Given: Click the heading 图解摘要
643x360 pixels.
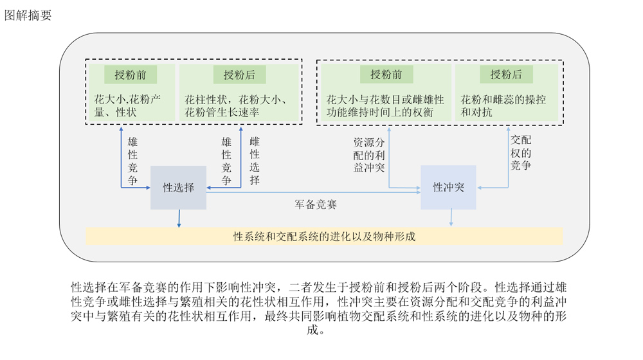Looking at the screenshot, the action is pyautogui.click(x=28, y=15).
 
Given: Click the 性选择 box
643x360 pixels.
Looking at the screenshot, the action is pyautogui.click(x=178, y=188).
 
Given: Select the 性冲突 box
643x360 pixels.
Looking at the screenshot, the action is pyautogui.click(x=449, y=187).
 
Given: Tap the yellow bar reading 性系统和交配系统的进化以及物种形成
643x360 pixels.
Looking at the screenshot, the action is pyautogui.click(x=324, y=237).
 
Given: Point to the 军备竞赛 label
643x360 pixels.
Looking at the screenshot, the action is pyautogui.click(x=316, y=204).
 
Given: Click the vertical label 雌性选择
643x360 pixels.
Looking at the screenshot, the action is pyautogui.click(x=255, y=161).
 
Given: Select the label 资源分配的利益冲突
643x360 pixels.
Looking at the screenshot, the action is pyautogui.click(x=369, y=155).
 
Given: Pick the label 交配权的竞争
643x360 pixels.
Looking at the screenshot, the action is pyautogui.click(x=521, y=152).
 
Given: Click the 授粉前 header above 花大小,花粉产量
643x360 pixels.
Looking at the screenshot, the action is pyautogui.click(x=131, y=75).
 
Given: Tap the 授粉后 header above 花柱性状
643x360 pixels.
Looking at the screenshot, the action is pyautogui.click(x=239, y=75).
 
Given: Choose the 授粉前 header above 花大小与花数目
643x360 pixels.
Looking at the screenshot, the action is pyautogui.click(x=386, y=74).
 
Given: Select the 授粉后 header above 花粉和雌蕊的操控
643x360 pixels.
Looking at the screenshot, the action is pyautogui.click(x=507, y=74).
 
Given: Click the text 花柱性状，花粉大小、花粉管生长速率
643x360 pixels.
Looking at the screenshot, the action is pyautogui.click(x=236, y=106).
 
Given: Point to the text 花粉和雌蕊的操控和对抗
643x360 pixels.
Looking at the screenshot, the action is pyautogui.click(x=503, y=106).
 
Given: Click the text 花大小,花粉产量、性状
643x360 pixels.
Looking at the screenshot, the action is pyautogui.click(x=127, y=106).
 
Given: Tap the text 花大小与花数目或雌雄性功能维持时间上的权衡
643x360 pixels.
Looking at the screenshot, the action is pyautogui.click(x=385, y=106).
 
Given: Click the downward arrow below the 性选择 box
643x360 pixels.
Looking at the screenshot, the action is pyautogui.click(x=179, y=218).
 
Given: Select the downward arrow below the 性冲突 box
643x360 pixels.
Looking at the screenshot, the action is pyautogui.click(x=451, y=217).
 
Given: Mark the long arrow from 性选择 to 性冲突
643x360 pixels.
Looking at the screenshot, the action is pyautogui.click(x=314, y=192).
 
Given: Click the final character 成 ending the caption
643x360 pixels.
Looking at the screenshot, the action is pyautogui.click(x=312, y=330).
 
